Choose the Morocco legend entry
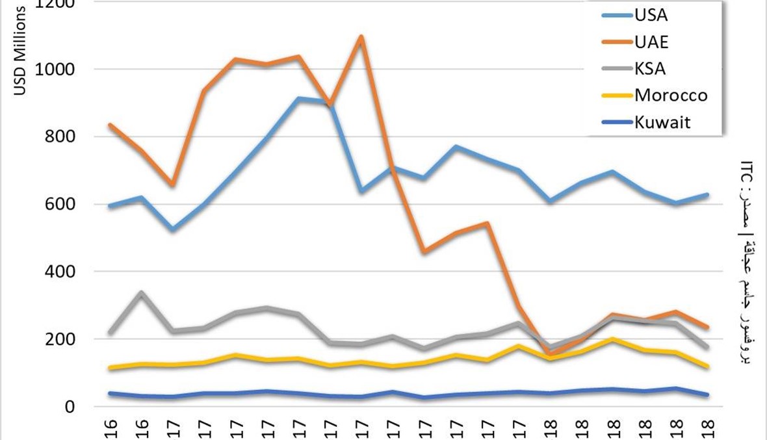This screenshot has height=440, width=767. pyautogui.click(x=670, y=96)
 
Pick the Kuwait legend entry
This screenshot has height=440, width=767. pyautogui.click(x=662, y=122)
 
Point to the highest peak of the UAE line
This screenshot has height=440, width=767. pyautogui.click(x=361, y=36)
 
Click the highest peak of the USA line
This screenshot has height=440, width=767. pyautogui.click(x=298, y=98)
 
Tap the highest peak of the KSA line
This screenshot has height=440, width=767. pyautogui.click(x=142, y=293)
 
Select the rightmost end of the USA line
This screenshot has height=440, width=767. pyautogui.click(x=708, y=194)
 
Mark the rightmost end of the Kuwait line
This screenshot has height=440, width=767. pyautogui.click(x=708, y=395)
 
